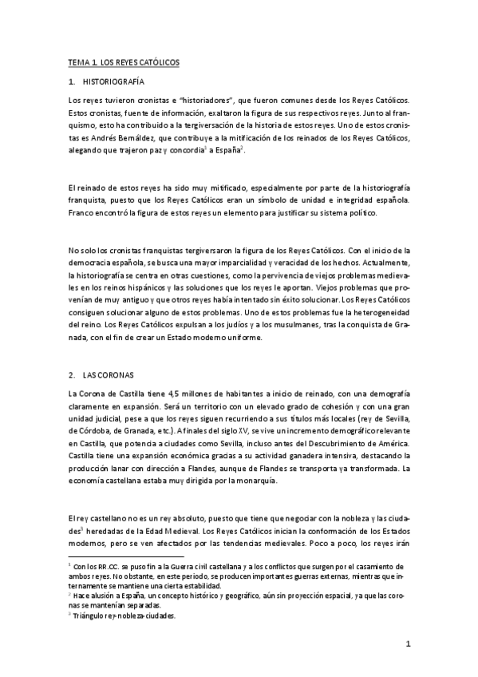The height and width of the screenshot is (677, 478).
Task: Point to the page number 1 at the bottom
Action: point(407,643)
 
